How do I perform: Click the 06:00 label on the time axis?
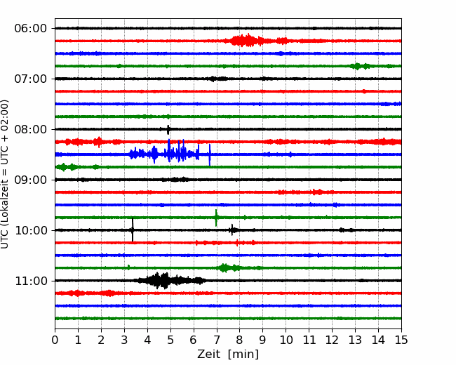[x=31, y=29]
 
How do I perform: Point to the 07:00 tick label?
[x=31, y=79]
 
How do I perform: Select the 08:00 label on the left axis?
[x=31, y=129]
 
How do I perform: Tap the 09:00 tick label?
[x=31, y=180]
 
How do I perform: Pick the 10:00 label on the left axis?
[x=31, y=230]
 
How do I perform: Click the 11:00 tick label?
[x=31, y=281]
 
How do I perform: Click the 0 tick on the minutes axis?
[x=55, y=340]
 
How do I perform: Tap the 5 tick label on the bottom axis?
[x=170, y=340]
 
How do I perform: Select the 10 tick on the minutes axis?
[x=286, y=340]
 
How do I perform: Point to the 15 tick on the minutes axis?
[x=401, y=340]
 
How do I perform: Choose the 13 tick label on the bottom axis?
[x=355, y=340]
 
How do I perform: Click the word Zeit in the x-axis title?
[x=209, y=354]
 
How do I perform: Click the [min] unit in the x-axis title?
[x=243, y=354]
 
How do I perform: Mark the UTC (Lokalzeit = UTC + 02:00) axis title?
[x=4, y=174]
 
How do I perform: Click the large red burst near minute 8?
[x=247, y=40]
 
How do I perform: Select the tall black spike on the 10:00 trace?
[x=133, y=230]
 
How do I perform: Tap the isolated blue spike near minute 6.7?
[x=210, y=155]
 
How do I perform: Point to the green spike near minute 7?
[x=216, y=218]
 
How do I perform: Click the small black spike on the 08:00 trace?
[x=168, y=130]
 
